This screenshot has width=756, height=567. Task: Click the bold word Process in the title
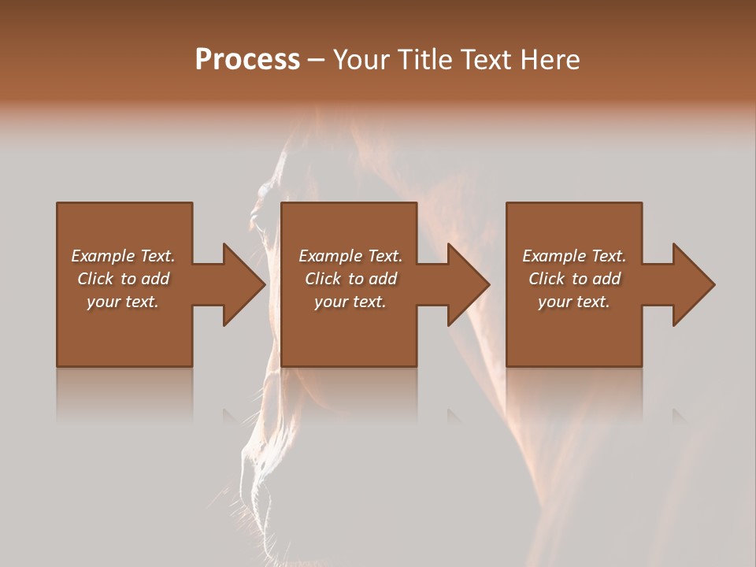(247, 60)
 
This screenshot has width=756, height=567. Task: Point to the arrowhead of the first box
(244, 284)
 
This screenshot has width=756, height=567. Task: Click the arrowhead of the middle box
(469, 284)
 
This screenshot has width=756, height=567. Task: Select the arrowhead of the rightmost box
(694, 284)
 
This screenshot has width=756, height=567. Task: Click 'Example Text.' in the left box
(123, 256)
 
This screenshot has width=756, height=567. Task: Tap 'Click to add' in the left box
(123, 279)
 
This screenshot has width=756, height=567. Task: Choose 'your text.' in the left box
(123, 302)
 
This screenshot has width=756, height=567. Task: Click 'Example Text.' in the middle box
(350, 256)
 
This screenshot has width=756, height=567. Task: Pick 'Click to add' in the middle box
(350, 279)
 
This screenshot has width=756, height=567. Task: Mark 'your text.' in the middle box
(350, 302)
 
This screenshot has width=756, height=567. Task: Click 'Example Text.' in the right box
(574, 256)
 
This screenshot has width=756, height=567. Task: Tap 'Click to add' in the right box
(574, 279)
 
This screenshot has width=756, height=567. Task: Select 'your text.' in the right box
(574, 302)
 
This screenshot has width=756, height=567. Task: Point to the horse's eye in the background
(266, 191)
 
